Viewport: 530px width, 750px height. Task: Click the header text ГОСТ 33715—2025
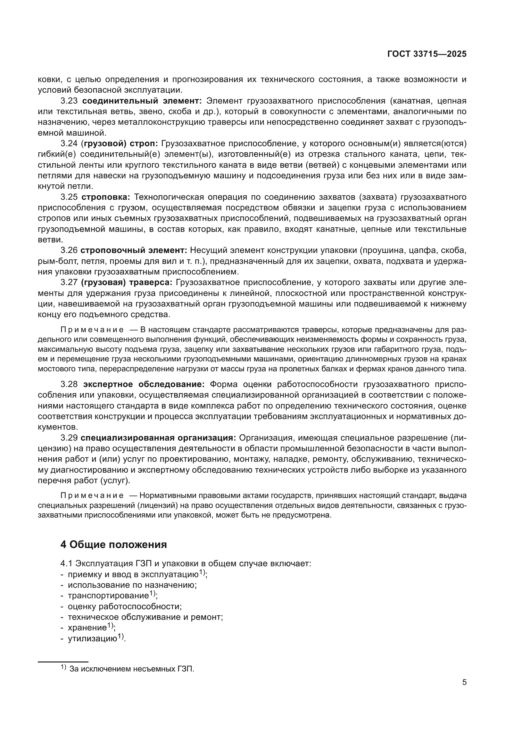point(426,54)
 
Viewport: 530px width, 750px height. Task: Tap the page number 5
point(464,682)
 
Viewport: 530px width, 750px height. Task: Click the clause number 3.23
point(69,101)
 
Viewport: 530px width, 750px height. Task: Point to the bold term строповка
point(105,197)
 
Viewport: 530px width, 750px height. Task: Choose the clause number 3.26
point(69,250)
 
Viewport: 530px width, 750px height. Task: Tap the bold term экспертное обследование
point(144,384)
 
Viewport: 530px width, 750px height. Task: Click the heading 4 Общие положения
point(113,544)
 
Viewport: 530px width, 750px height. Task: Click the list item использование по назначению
point(132,585)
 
